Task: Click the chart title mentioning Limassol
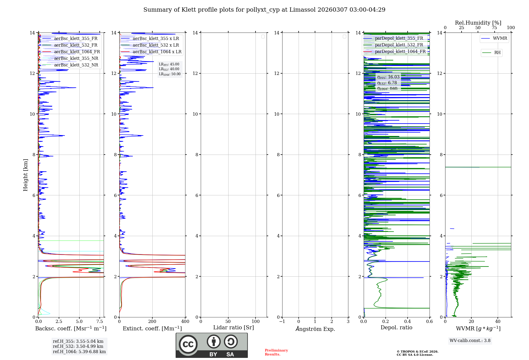(x=264, y=10)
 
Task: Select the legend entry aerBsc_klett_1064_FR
(x=77, y=52)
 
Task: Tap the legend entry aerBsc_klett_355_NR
(x=76, y=58)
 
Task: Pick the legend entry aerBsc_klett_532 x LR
(x=156, y=45)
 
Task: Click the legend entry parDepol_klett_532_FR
(x=399, y=45)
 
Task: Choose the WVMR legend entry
(x=500, y=38)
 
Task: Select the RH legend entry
(x=497, y=53)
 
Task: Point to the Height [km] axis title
(x=25, y=175)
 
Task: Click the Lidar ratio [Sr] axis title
(x=234, y=328)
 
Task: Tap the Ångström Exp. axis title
(x=315, y=329)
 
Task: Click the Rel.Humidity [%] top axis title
(x=478, y=23)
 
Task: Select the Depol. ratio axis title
(x=396, y=328)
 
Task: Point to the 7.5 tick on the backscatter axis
(x=100, y=322)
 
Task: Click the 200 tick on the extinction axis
(x=152, y=322)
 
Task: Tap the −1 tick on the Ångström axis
(x=282, y=322)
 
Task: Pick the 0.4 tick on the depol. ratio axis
(x=408, y=322)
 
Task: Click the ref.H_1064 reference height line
(x=79, y=352)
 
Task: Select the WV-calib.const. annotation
(x=470, y=341)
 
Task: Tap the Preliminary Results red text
(x=276, y=352)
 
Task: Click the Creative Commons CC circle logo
(x=188, y=344)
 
